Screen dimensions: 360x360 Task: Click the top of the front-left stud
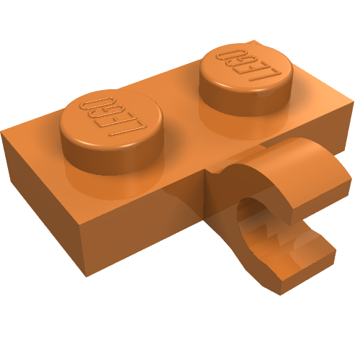point(112,118)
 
